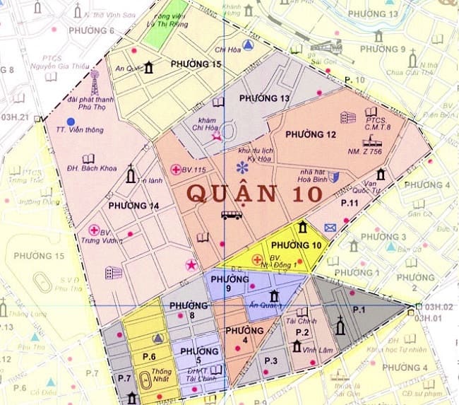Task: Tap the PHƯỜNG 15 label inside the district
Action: pyautogui.click(x=196, y=64)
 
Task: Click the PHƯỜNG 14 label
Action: pyautogui.click(x=133, y=206)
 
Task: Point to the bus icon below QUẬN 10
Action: pyautogui.click(x=231, y=215)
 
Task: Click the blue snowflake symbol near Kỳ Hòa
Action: pyautogui.click(x=242, y=168)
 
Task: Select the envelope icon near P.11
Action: pyautogui.click(x=330, y=227)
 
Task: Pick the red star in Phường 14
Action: pyautogui.click(x=191, y=265)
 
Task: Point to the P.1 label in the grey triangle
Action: pyautogui.click(x=359, y=309)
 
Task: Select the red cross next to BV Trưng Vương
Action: pyautogui.click(x=93, y=230)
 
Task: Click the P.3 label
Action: pyautogui.click(x=272, y=361)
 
